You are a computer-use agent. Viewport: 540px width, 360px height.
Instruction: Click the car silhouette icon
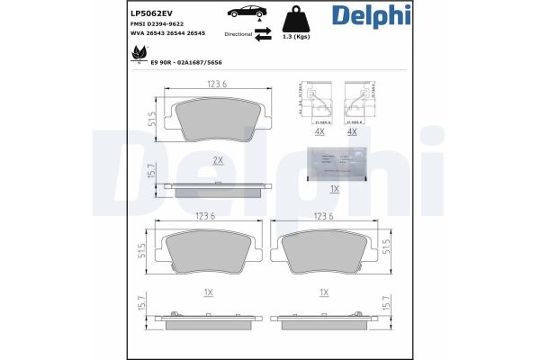pos(247,13)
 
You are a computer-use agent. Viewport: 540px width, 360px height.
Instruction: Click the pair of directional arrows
pos(262,34)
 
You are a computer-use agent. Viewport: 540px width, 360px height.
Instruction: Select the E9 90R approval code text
pos(185,63)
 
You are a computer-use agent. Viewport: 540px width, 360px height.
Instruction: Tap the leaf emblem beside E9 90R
pos(139,54)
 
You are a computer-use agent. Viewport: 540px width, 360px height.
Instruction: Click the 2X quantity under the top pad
pos(217,159)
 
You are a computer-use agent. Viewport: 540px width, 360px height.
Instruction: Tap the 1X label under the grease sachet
pos(334,189)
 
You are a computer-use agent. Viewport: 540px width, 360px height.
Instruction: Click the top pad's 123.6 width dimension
pos(217,85)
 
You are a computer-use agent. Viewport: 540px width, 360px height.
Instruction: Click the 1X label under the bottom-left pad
pos(208,293)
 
